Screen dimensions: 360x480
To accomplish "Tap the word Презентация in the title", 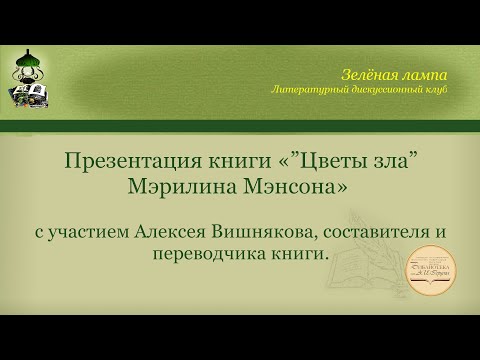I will coord(133,162).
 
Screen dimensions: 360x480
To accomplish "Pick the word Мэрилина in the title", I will coord(186,187).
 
